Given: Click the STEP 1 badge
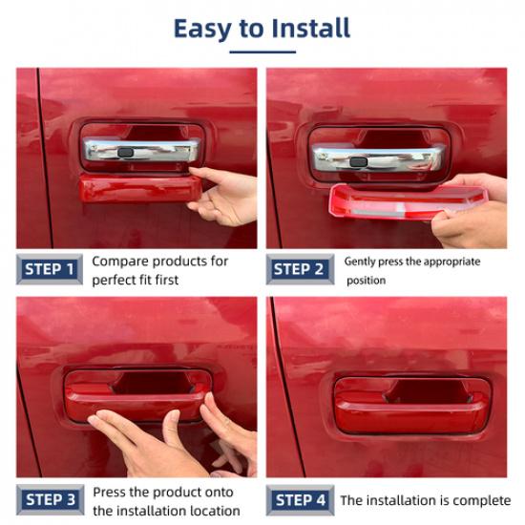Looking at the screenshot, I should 49,269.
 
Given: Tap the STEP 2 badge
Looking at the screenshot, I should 300,269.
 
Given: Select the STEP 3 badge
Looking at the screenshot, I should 50,499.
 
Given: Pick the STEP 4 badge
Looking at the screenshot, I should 300,499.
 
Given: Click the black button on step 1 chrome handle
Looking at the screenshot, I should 125,153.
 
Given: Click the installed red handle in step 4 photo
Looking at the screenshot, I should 410,401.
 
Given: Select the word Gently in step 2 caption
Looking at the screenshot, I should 362,262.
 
